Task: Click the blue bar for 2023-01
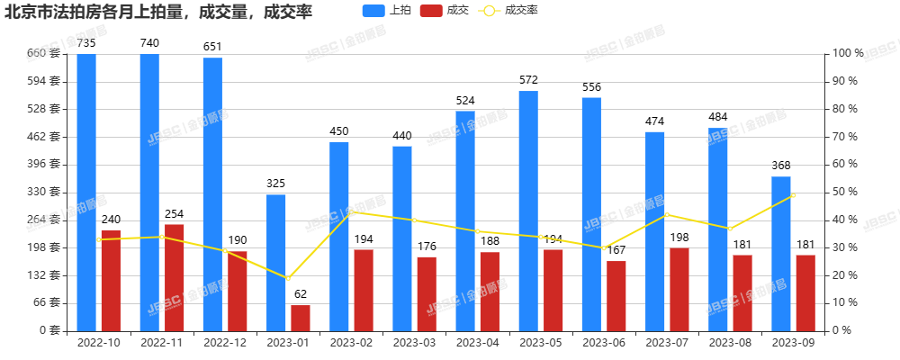275,262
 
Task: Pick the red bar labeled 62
300,318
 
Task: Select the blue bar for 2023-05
528,211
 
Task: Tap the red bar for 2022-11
174,277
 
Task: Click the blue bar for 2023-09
781,253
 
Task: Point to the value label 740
149,43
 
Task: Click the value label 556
591,87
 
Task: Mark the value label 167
616,250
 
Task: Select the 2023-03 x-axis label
414,343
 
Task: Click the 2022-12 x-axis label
225,343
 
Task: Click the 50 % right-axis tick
845,192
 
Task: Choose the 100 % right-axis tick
848,53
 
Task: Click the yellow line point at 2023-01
288,278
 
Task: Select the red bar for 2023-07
679,289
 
